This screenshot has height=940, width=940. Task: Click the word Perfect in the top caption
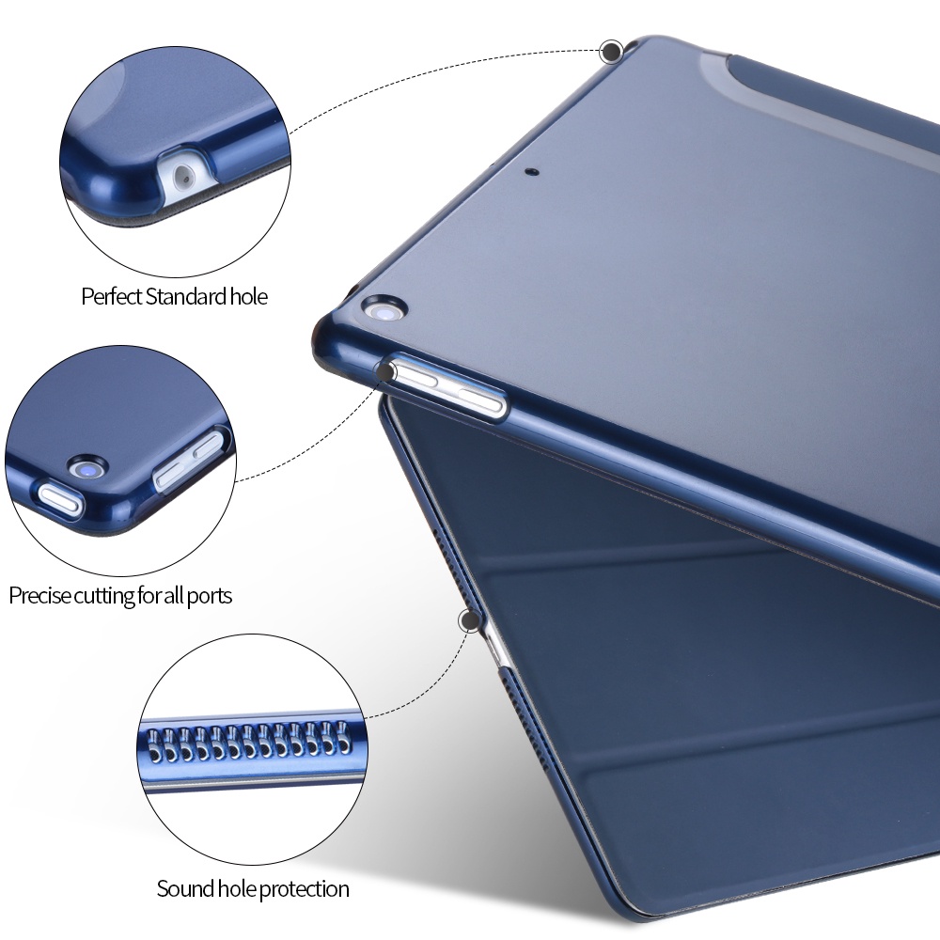coord(112,297)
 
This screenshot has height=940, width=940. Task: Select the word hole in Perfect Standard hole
coord(249,297)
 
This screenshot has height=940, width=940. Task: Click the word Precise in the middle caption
coord(39,596)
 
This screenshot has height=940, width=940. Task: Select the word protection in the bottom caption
coord(304,889)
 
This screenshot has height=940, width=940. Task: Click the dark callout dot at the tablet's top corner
coord(612,52)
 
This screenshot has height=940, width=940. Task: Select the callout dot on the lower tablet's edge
coord(470,621)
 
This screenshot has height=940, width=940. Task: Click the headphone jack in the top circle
coord(184,177)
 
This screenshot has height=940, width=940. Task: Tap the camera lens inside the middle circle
coord(87,468)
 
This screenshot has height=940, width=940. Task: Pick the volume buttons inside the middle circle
coord(189,460)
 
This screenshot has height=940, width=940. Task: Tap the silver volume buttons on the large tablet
coord(446,386)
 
